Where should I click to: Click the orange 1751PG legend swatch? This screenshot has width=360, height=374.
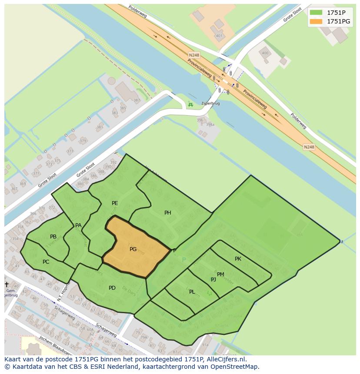pyautogui.click(x=316, y=21)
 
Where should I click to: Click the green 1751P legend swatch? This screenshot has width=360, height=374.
pyautogui.click(x=316, y=12)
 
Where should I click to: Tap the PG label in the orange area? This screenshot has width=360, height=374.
pyautogui.click(x=133, y=249)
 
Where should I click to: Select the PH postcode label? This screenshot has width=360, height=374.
pyautogui.click(x=168, y=213)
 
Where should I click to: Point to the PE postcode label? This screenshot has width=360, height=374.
pyautogui.click(x=115, y=203)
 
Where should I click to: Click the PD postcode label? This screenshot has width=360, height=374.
pyautogui.click(x=112, y=288)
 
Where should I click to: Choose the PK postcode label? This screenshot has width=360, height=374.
pyautogui.click(x=238, y=259)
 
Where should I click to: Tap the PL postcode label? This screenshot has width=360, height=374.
pyautogui.click(x=192, y=292)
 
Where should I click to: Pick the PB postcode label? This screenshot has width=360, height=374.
pyautogui.click(x=53, y=237)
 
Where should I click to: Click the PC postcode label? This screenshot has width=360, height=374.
pyautogui.click(x=46, y=262)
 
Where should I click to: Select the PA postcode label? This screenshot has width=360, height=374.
pyautogui.click(x=78, y=225)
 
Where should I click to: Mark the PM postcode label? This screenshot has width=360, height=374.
pyautogui.click(x=220, y=275)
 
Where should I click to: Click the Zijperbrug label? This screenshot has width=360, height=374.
pyautogui.click(x=210, y=104)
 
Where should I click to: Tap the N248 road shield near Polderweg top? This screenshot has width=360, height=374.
pyautogui.click(x=194, y=55)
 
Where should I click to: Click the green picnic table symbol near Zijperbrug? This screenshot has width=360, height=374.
pyautogui.click(x=190, y=105)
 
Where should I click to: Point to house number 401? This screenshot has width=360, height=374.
pyautogui.click(x=219, y=36)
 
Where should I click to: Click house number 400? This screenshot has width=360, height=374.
pyautogui.click(x=265, y=53)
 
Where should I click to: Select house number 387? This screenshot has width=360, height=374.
pyautogui.click(x=137, y=100)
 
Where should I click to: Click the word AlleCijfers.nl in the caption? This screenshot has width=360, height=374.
pyautogui.click(x=226, y=359)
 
